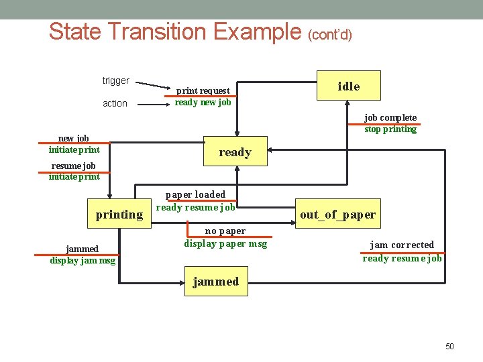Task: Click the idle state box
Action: [x=348, y=86]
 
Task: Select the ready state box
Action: [x=235, y=152]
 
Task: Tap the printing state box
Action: [x=119, y=215]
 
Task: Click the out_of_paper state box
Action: [x=337, y=215]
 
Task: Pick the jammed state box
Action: [x=215, y=282]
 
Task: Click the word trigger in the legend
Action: [x=115, y=80]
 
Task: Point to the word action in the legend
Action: [x=115, y=103]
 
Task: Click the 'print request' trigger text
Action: [x=203, y=90]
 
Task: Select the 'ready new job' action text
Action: [x=203, y=103]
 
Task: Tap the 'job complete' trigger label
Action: [x=390, y=117]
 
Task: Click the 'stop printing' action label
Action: [x=390, y=129]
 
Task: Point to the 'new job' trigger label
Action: [x=74, y=138]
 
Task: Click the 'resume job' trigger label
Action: [x=74, y=166]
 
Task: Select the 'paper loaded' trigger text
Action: [x=195, y=194]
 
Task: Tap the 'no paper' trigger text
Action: [x=225, y=231]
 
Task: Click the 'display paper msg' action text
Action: [x=225, y=243]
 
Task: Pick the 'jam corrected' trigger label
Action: [x=402, y=245]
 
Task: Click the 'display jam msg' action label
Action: [x=83, y=261]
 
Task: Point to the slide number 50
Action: [x=449, y=346]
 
